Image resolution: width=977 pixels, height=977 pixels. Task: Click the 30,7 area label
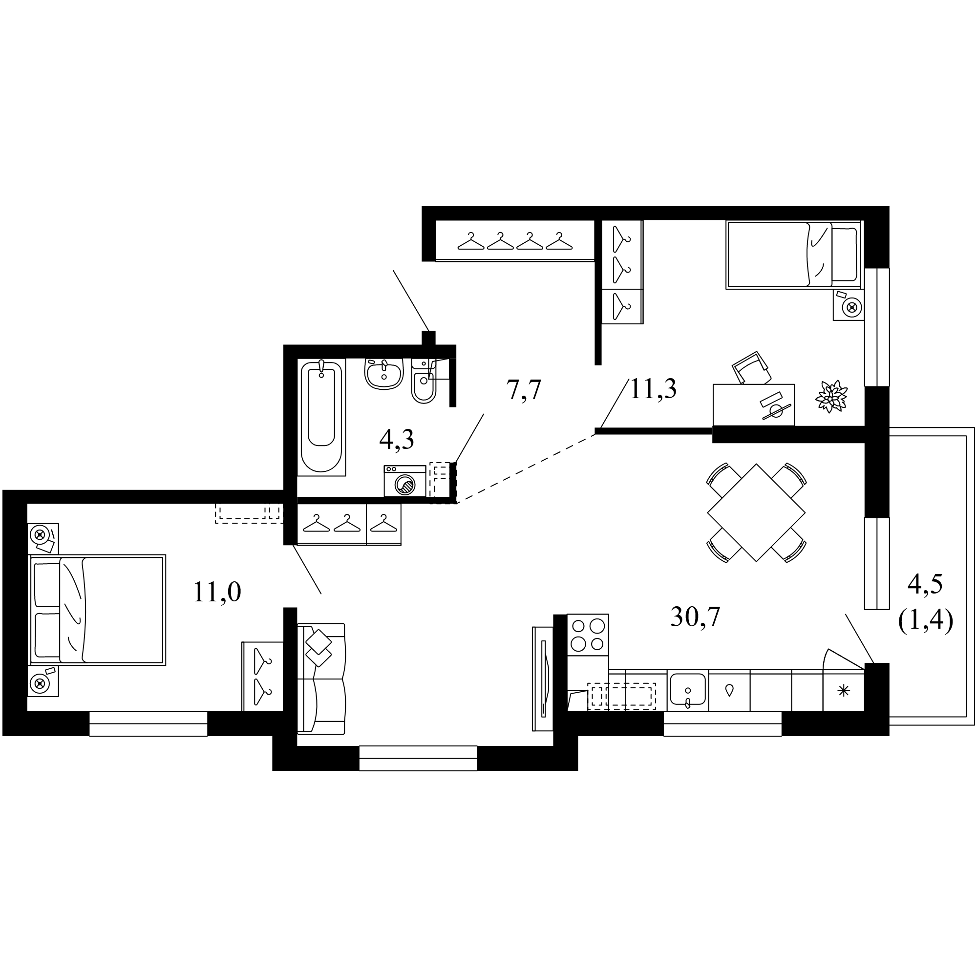coord(695,617)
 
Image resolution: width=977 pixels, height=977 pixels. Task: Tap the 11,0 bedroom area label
coord(217,592)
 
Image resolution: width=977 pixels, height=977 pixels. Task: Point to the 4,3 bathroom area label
coord(397,440)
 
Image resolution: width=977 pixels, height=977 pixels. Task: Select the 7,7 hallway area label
coord(524,390)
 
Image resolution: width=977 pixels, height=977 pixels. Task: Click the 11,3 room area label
coord(653,389)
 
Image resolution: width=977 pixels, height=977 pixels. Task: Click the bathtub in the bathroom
coord(321,417)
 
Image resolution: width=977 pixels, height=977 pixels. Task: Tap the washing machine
coord(404,481)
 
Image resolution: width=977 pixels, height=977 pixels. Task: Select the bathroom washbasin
coord(384,374)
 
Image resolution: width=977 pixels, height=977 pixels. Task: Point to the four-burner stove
coord(588,635)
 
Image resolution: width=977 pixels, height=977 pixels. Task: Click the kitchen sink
coord(688,689)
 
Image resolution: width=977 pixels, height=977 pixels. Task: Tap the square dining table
coord(756,513)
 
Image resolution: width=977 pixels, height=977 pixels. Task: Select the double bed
coord(98,609)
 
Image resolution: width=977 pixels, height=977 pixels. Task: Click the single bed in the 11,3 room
coord(793,255)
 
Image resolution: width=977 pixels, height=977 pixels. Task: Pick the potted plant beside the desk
coord(831,397)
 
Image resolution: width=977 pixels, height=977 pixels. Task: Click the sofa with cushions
coord(321,679)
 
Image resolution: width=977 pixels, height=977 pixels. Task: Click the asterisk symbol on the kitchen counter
coord(844,691)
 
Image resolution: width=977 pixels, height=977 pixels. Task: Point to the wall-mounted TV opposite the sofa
coord(543,679)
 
